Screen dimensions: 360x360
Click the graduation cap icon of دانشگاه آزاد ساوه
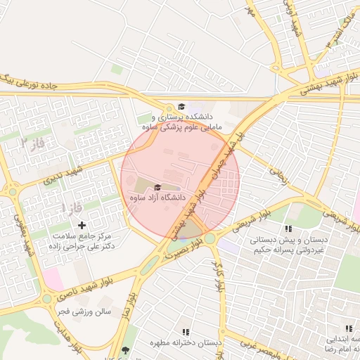[157, 187]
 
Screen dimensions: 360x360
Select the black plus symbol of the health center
[82, 225]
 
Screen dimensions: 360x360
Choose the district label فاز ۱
[73, 208]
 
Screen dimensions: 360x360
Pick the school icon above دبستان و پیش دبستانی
[288, 229]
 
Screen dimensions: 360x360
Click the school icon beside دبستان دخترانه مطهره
[186, 331]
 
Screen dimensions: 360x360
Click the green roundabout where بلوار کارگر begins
[210, 239]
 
